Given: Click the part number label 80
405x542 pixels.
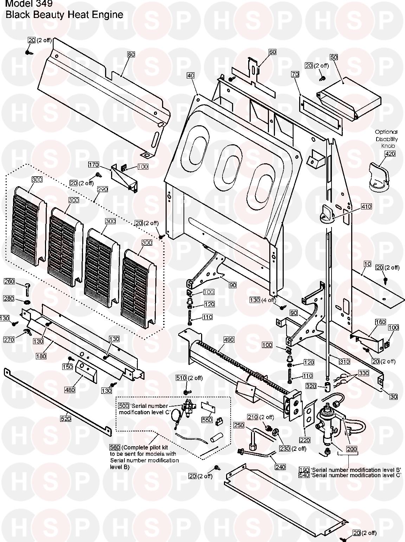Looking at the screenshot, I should pos(131,55).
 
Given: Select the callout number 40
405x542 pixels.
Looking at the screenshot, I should pos(191,76).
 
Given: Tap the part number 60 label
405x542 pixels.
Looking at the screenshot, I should pos(272,52).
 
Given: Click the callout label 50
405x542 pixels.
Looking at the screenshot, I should pos(334,57).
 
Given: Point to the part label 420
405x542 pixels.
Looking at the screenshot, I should pos(380,154).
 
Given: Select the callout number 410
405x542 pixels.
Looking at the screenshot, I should pos(366,207).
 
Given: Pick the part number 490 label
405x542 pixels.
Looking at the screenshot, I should pos(229,340).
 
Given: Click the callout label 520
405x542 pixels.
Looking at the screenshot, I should pos(66,419).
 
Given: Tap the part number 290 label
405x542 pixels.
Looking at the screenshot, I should pos(102,189).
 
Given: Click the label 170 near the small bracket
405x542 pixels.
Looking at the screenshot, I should pos(94,165).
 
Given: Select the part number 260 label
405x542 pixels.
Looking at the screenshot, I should pos(9,281).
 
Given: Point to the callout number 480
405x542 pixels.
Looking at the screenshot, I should pos(70,380).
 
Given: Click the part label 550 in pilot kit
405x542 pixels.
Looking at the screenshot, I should pos(207,420).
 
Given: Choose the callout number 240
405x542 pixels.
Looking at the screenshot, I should pos(281,467).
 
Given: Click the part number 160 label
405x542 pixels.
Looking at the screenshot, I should pos(371,322).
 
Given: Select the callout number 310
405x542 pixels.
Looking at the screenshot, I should pos(344,361).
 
